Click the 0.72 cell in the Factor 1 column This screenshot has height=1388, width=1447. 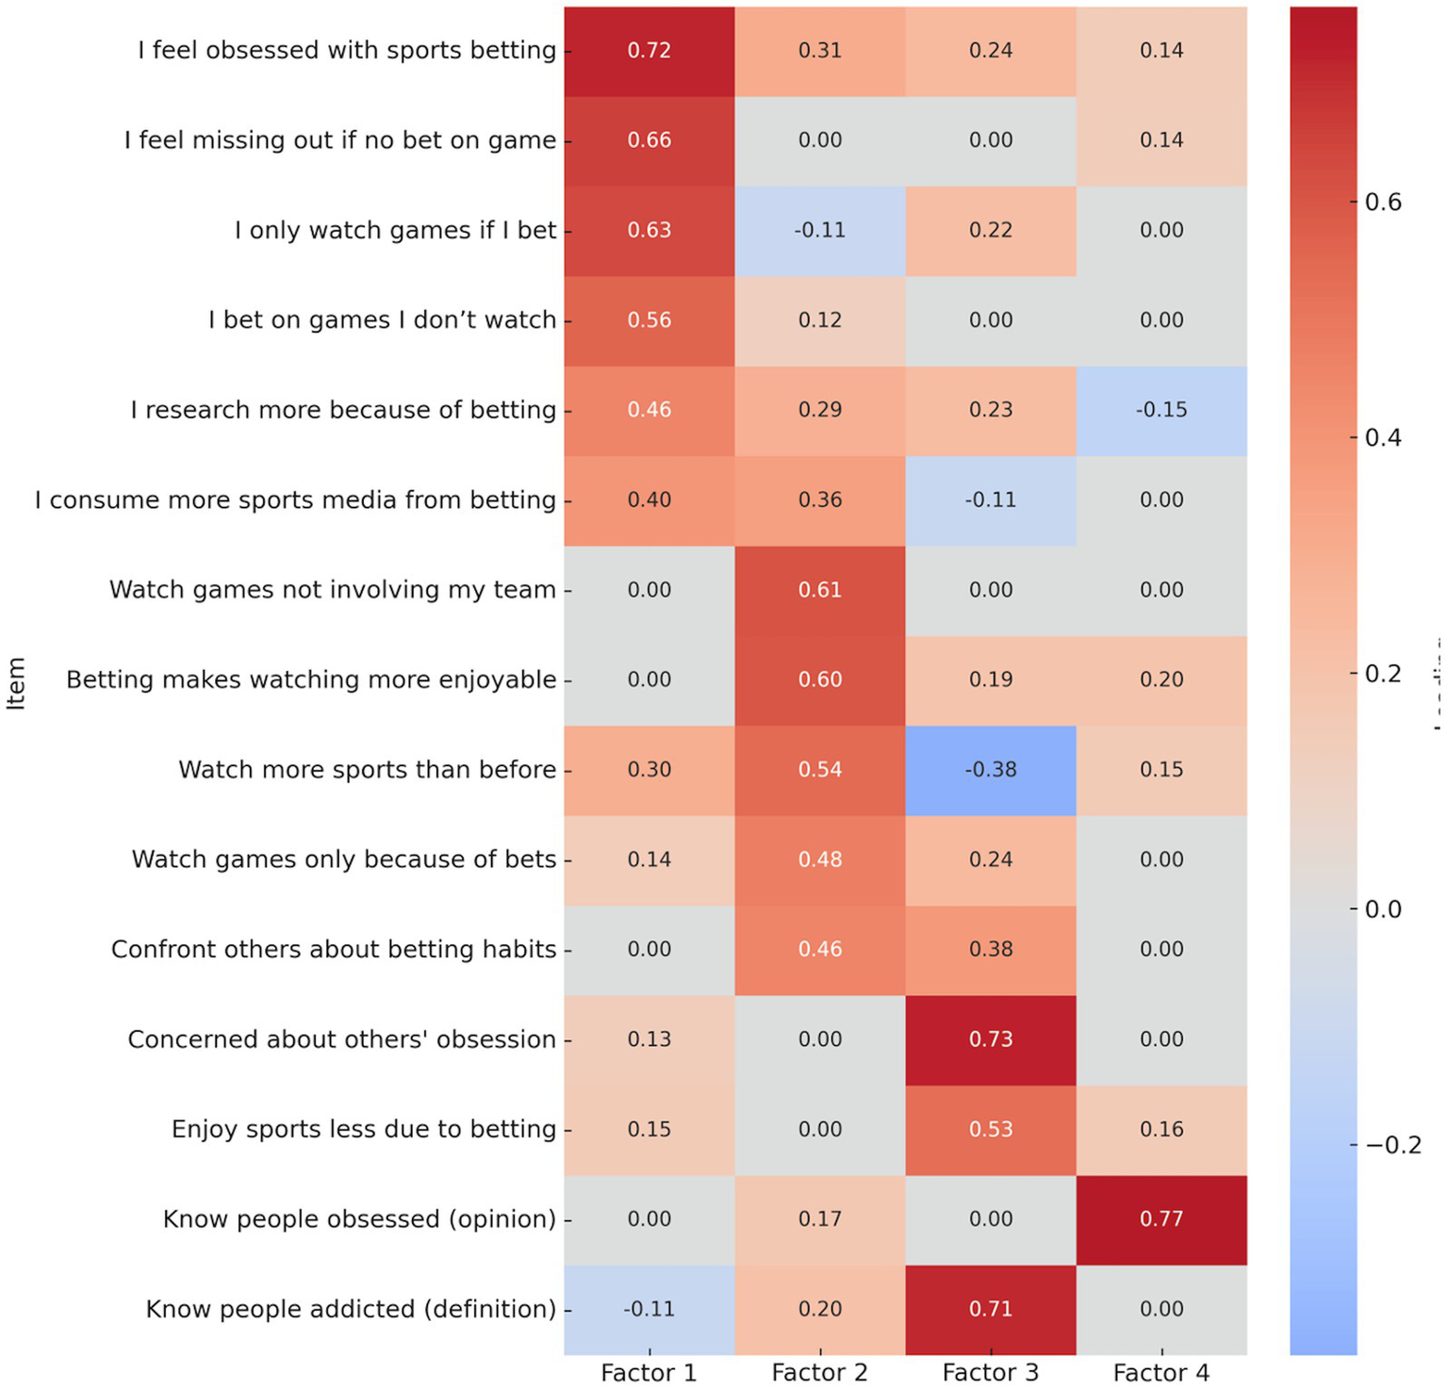click(650, 51)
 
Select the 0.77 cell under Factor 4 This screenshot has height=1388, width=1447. click(1160, 1219)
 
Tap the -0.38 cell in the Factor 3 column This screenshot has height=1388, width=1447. click(991, 770)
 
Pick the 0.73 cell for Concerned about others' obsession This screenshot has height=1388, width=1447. click(991, 1039)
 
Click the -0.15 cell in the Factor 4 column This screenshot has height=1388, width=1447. click(1160, 410)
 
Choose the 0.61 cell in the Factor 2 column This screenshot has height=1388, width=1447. click(820, 590)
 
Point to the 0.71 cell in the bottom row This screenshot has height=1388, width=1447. click(991, 1309)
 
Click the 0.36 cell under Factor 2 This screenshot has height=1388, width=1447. click(820, 500)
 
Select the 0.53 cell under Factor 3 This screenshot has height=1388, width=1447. click(991, 1129)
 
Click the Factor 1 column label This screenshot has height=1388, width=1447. click(649, 1373)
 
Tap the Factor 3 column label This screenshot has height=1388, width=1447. click(991, 1373)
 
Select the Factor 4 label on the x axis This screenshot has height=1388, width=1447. click(1160, 1373)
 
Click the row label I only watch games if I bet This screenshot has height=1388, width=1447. click(395, 230)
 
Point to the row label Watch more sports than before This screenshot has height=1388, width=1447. click(367, 770)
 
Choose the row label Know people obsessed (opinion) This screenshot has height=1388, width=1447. click(359, 1219)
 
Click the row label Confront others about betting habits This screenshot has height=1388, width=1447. click(334, 949)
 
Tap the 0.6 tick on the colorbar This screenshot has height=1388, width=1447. click(1383, 202)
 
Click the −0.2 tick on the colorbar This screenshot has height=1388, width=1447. click(1392, 1145)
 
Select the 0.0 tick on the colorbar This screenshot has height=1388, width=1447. click(1383, 909)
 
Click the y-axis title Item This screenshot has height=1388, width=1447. click(16, 683)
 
